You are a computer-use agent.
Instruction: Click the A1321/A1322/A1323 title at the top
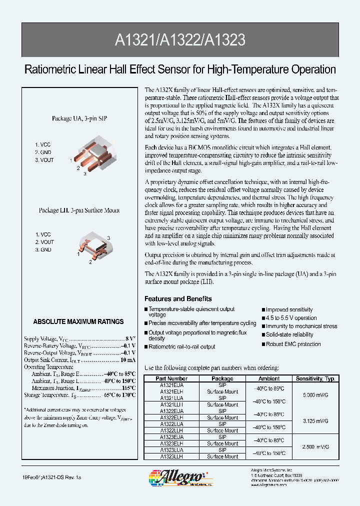pos(180,40)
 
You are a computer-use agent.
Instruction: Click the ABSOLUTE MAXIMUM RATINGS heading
pos(78,321)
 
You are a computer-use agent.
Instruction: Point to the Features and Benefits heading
pos(178,299)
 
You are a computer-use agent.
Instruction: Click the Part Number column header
pos(171,378)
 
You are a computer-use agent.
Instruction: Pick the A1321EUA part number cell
pos(171,385)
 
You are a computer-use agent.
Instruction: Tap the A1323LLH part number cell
pos(171,456)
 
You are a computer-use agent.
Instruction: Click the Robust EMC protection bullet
pos(293,344)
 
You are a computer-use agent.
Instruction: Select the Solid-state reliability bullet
pos(289,334)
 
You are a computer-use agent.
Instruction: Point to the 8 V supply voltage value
pos(128,338)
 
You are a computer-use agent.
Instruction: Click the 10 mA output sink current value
pos(127,359)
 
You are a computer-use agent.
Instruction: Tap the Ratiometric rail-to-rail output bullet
pos(181,346)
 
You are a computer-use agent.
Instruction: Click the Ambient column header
pos(269,378)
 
